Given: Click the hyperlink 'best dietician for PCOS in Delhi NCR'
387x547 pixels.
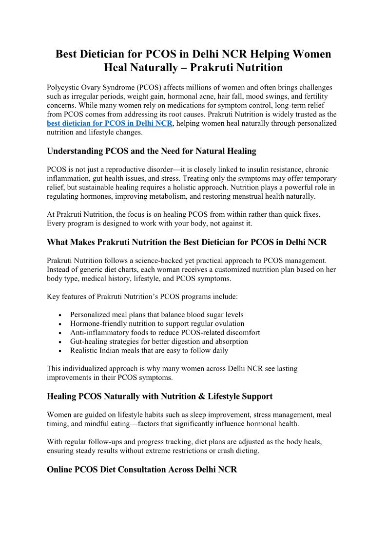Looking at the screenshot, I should point(110,123).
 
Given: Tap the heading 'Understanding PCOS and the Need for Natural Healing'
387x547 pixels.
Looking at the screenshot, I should point(151,151).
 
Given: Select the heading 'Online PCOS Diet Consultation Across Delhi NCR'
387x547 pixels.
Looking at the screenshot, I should point(142,470).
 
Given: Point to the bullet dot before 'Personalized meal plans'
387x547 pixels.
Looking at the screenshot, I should point(59,315).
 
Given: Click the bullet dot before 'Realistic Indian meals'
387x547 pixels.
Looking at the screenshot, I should point(59,351).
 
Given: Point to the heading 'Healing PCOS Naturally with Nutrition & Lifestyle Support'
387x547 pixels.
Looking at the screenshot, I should point(159,396).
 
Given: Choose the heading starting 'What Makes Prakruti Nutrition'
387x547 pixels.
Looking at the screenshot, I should point(187,242).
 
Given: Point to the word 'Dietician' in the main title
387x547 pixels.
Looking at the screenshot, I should point(101,54).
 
